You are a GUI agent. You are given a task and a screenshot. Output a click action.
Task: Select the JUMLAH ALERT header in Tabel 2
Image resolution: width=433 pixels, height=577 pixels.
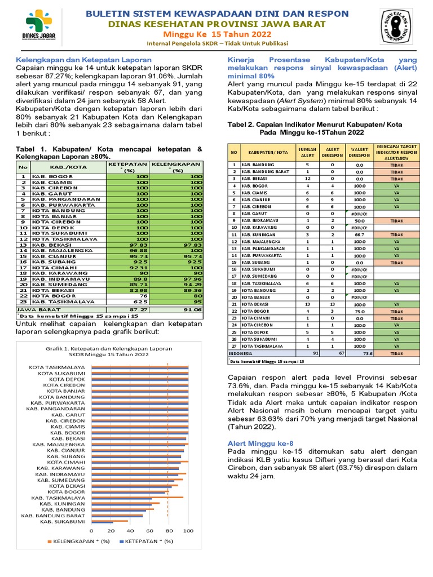pos(307,152)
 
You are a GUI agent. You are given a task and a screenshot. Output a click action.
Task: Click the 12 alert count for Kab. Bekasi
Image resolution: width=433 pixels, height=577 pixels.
pos(307,178)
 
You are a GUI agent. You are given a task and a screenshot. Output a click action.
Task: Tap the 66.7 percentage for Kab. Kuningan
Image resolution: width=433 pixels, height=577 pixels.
pos(359,234)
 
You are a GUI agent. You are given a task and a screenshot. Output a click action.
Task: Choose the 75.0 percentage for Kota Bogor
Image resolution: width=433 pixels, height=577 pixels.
pos(359,311)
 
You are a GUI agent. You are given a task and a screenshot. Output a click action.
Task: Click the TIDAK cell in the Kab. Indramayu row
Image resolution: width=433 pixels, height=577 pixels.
pos(396,220)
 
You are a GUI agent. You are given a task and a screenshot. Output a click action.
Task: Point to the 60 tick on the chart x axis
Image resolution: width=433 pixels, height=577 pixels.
pos(149,530)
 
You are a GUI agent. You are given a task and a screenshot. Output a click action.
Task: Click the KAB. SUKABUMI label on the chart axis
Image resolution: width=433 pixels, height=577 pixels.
pos(63,522)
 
